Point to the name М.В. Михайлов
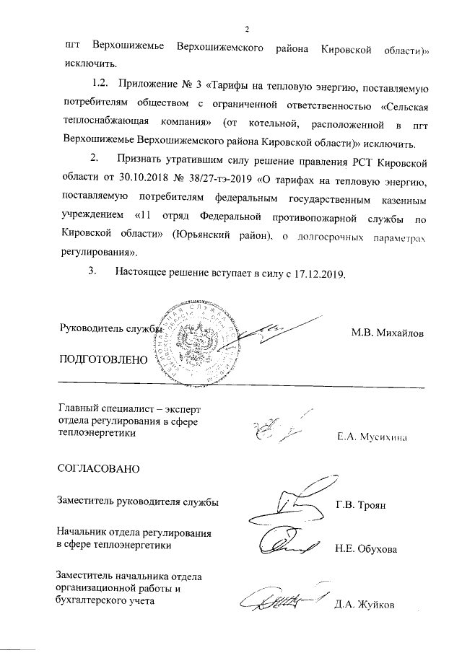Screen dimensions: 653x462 [388, 333]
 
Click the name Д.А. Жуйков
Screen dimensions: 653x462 [365, 605]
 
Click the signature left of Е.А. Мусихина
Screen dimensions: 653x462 [276, 429]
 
